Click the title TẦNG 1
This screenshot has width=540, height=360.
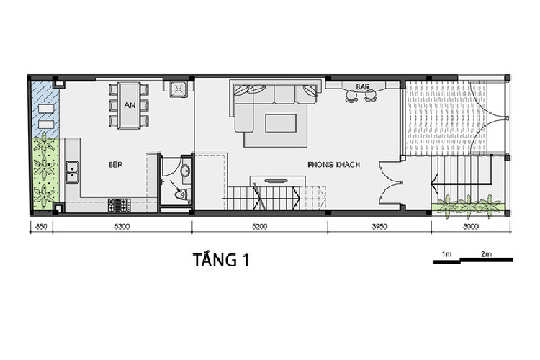click(x=222, y=260)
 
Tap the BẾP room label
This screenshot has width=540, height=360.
click(x=116, y=165)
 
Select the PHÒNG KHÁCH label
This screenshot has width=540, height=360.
click(x=333, y=165)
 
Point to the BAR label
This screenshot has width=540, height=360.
click(x=362, y=87)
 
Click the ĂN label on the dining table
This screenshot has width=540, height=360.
click(x=130, y=105)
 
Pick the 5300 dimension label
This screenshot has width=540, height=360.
click(x=122, y=227)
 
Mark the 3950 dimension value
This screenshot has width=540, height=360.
click(x=379, y=227)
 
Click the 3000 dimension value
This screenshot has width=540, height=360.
click(x=470, y=227)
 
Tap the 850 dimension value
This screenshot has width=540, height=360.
click(x=42, y=227)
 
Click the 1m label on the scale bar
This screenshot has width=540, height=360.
click(x=446, y=254)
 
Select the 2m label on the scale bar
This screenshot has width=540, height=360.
click(x=486, y=254)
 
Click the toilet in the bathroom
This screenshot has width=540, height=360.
click(x=180, y=194)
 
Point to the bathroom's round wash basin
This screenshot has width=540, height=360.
click(x=184, y=171)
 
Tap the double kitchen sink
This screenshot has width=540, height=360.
click(x=72, y=172)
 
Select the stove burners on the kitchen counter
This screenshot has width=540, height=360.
click(x=117, y=204)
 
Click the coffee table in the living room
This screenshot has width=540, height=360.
click(x=279, y=123)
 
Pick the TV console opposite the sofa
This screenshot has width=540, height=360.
click(x=274, y=180)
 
